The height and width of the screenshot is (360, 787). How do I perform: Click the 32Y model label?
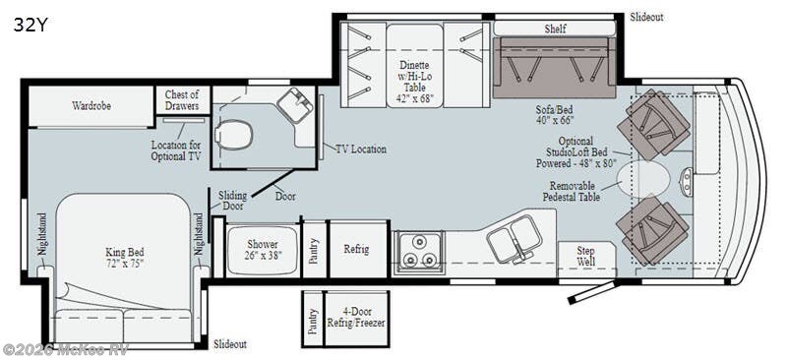click(29, 26)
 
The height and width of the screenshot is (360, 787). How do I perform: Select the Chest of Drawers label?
click(182, 100)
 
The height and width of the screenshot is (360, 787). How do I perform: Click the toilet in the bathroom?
click(234, 134)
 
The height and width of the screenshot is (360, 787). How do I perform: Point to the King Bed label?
click(124, 258)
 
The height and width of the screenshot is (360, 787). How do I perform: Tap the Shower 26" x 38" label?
click(262, 250)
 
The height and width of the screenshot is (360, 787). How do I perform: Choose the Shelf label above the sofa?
click(556, 29)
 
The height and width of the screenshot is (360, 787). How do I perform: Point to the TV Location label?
click(360, 150)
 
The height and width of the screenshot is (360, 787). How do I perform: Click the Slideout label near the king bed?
click(230, 344)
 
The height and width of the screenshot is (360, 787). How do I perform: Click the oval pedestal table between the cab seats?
click(645, 179)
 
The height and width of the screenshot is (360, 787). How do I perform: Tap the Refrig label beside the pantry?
click(356, 249)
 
